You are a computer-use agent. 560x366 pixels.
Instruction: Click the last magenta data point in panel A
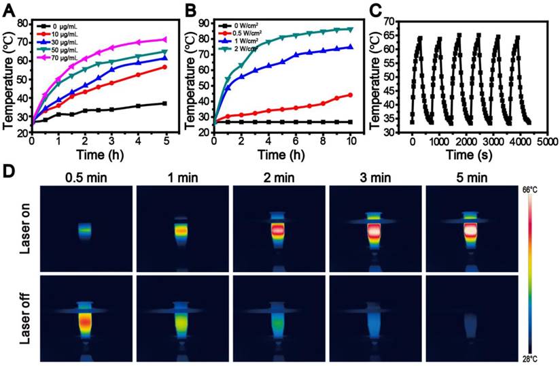[163, 39]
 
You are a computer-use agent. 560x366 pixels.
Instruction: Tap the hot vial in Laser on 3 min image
[372, 231]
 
